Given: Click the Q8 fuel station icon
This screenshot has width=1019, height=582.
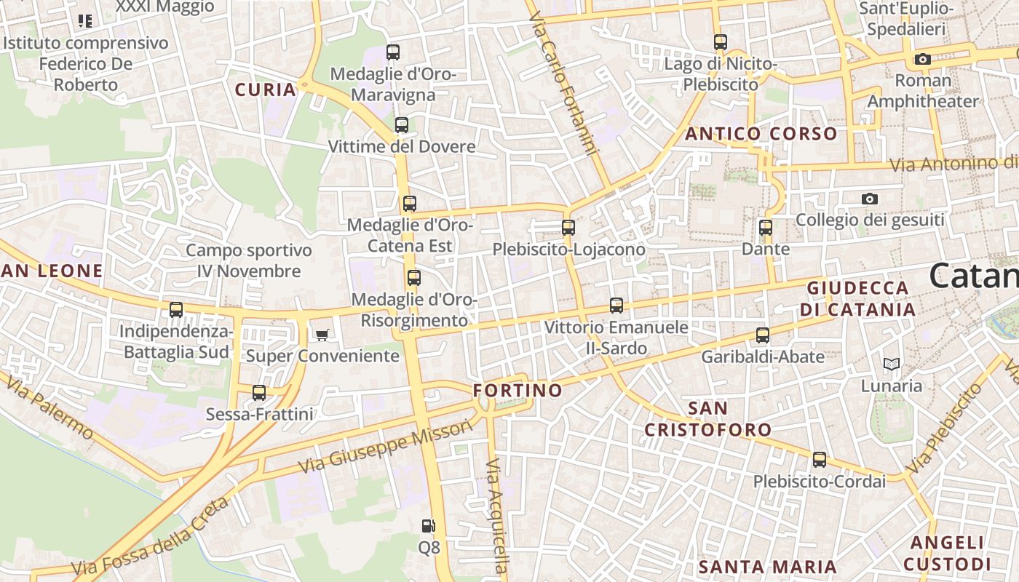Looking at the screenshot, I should click(x=429, y=525).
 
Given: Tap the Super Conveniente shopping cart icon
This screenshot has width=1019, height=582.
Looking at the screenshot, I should click(x=322, y=335).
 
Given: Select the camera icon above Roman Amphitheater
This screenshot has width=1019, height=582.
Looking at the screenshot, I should click(x=923, y=59).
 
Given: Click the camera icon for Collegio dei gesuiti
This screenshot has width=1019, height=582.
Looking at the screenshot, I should click(x=869, y=199).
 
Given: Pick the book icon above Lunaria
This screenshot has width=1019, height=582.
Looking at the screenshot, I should click(x=892, y=364).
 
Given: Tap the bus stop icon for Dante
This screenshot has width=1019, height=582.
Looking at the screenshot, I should click(x=765, y=228).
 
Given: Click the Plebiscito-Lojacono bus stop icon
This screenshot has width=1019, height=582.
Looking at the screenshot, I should click(x=568, y=228).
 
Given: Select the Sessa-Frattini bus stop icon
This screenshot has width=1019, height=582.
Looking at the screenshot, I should click(x=258, y=393).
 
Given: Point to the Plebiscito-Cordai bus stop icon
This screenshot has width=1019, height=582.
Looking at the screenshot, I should click(x=820, y=460).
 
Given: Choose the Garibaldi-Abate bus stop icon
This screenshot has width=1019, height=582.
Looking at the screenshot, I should click(x=763, y=335).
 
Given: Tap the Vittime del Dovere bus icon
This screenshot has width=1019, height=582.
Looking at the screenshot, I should click(x=402, y=125).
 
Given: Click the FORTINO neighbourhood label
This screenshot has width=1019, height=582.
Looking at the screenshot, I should click(x=518, y=391).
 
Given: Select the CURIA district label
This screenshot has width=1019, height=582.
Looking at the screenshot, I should click(x=265, y=90).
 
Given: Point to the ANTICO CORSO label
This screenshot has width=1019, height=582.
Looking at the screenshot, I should click(x=761, y=134).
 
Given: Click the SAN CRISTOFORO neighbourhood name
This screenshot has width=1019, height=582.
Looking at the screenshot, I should click(x=707, y=419).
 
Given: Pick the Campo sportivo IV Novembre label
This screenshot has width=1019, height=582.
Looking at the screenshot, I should click(x=249, y=260).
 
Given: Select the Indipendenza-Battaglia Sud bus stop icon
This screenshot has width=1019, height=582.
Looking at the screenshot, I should click(x=176, y=310).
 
